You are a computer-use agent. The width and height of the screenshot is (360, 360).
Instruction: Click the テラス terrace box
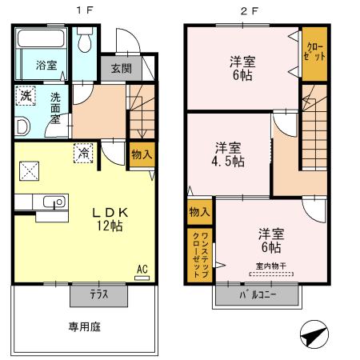98,294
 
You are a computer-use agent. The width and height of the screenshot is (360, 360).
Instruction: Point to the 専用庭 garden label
82,326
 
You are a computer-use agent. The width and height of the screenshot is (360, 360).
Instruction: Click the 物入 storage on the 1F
141,154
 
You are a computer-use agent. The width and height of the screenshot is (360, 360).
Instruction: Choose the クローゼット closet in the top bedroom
314,54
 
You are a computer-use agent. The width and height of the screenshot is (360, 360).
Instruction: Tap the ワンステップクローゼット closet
201,254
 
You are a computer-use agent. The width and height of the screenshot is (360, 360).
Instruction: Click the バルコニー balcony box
258,295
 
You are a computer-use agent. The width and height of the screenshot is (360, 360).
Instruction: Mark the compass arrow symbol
314,335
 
